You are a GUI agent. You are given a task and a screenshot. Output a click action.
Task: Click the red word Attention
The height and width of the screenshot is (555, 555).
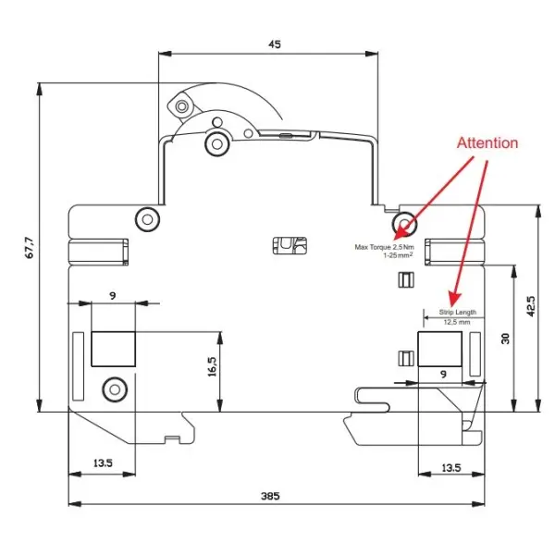click(x=487, y=143)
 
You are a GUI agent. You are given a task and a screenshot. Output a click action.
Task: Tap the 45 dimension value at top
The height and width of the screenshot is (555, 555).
click(x=275, y=44)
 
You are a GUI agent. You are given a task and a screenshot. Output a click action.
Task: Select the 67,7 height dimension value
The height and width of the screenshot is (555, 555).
click(x=31, y=248)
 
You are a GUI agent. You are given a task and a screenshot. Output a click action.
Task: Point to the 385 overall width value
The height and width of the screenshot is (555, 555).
click(x=270, y=496)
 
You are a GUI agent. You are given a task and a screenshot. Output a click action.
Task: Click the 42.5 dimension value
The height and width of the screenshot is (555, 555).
click(x=531, y=306)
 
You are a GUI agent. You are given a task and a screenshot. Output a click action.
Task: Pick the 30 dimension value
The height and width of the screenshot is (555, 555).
click(x=506, y=339)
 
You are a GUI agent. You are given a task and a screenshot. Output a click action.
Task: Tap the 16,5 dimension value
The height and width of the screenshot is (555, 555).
click(x=212, y=366)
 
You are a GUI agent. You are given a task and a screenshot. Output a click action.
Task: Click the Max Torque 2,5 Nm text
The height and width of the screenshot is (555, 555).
click(x=385, y=247)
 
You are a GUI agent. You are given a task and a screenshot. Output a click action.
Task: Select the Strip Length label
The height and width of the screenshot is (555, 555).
click(x=458, y=313)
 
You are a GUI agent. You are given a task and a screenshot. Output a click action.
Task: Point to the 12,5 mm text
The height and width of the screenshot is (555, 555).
click(x=457, y=322)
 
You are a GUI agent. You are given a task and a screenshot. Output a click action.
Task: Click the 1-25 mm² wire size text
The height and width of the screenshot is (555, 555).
click(x=399, y=255)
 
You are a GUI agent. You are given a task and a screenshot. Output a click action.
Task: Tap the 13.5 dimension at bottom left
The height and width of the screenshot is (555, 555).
click(x=103, y=463)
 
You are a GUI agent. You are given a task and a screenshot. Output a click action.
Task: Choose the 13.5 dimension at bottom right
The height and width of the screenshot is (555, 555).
click(x=451, y=468)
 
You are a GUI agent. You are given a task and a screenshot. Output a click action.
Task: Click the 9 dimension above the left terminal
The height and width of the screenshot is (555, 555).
click(x=113, y=296)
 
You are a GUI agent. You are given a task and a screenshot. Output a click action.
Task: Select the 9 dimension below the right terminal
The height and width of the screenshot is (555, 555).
click(x=443, y=374)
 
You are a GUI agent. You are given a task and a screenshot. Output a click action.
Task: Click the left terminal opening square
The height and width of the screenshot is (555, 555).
click(x=113, y=349)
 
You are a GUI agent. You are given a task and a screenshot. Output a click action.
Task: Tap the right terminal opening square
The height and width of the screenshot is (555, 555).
click(x=440, y=349)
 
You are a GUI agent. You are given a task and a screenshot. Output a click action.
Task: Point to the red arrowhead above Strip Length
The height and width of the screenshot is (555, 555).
click(x=454, y=299)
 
